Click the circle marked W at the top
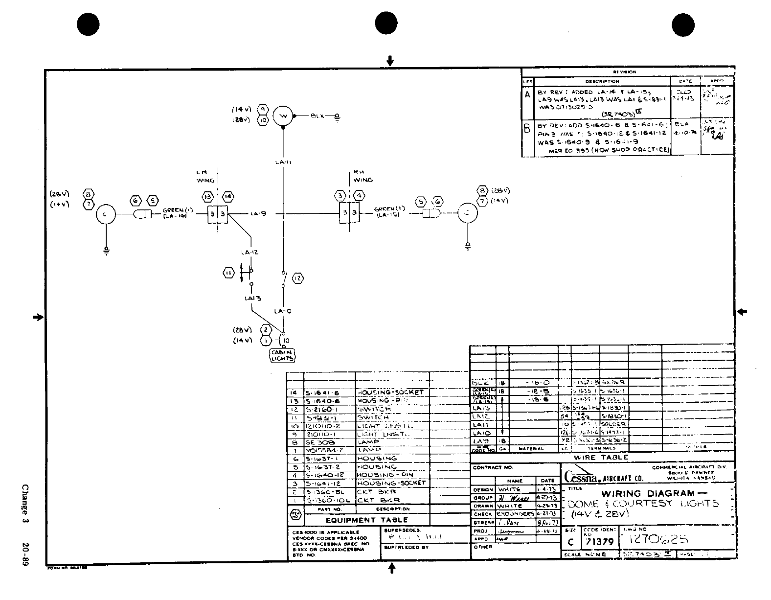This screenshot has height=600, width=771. (x=282, y=116)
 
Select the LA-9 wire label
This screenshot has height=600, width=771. (x=258, y=213)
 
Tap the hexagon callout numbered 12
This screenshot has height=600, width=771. (x=298, y=278)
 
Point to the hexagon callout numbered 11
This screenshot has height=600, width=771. (x=228, y=273)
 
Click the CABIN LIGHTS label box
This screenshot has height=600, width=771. (x=283, y=355)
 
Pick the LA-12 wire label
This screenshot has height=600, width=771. (x=249, y=252)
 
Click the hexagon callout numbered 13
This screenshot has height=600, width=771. (x=207, y=196)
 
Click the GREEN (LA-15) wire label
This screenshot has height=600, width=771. (x=387, y=211)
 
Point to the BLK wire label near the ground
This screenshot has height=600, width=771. (x=317, y=116)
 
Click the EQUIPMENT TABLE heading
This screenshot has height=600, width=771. (x=366, y=520)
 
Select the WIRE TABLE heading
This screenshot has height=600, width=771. (x=601, y=457)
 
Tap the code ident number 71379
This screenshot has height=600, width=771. (x=600, y=542)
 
